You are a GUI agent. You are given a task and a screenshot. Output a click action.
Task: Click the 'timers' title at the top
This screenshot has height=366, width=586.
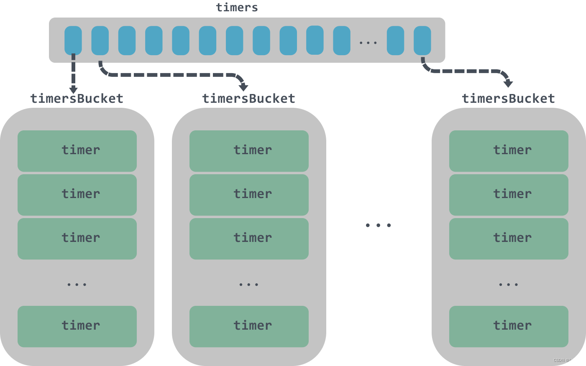[x=237, y=7]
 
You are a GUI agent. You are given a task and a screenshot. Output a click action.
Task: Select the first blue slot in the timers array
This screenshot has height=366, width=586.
[x=73, y=40]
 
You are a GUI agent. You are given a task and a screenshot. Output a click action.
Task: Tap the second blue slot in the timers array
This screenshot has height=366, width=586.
[x=100, y=40]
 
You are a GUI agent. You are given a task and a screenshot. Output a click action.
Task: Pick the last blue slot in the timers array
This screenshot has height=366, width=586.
[x=422, y=40]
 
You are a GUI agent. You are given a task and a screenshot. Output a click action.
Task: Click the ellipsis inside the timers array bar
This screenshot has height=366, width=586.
[x=368, y=43]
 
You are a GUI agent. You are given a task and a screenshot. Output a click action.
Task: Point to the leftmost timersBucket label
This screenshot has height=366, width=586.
[x=77, y=99]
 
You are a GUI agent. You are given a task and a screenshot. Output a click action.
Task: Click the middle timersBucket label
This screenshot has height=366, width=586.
[x=249, y=99]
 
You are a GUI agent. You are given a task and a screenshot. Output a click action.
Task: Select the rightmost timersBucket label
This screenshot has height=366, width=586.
[x=508, y=99]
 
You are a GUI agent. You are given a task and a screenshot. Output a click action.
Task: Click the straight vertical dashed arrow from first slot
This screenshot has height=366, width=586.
[x=73, y=73]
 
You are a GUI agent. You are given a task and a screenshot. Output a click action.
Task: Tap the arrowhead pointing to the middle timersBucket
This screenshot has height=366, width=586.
[x=243, y=87]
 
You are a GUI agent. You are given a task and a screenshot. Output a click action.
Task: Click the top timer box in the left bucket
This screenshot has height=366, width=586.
[x=77, y=151]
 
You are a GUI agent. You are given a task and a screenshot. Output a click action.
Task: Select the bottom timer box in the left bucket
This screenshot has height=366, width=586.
[x=77, y=326]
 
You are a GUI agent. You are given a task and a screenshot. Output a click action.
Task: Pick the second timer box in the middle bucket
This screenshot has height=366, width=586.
[x=249, y=195]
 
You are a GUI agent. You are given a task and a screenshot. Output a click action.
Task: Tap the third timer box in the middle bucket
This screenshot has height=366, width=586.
[x=249, y=239]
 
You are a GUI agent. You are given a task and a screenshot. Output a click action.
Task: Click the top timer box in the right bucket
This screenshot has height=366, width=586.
[x=509, y=151]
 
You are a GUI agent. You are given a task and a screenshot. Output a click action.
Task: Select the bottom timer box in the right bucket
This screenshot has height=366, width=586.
[x=509, y=326]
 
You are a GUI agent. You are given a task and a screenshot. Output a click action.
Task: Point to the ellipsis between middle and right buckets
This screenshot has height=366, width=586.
[x=378, y=225]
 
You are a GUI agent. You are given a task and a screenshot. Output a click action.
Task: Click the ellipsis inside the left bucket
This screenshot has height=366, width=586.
[x=77, y=285]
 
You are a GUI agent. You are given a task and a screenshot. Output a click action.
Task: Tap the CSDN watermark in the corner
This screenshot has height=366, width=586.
[x=566, y=360]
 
